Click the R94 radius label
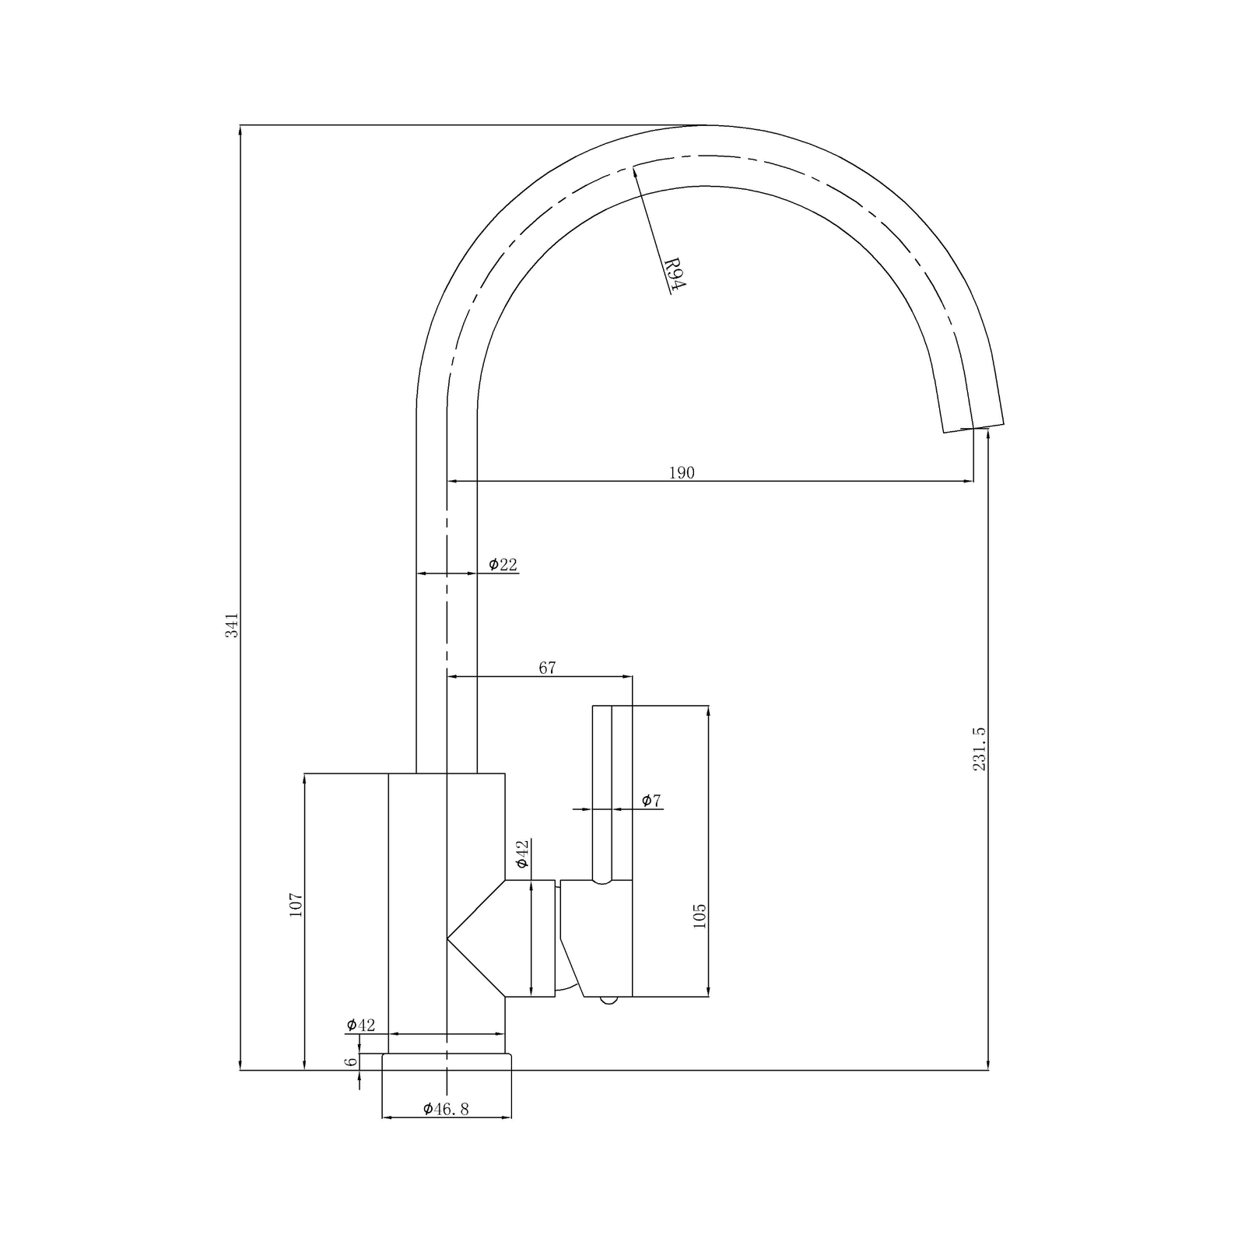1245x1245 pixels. pos(675,274)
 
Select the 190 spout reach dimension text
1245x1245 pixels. pos(682,472)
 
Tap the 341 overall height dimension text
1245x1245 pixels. pos(232,626)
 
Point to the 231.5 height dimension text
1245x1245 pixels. pos(979,749)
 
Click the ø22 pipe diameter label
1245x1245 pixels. pos(503,565)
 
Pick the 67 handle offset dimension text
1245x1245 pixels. pos(547,668)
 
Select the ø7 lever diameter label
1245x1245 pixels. pos(651,801)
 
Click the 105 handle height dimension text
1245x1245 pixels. pos(699,916)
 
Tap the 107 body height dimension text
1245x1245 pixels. pos(296,904)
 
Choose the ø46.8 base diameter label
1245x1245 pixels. pos(447,1110)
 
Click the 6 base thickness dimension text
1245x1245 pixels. pos(352,1061)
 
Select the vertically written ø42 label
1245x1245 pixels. pos(522,854)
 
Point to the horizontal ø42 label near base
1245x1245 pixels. pos(361,1025)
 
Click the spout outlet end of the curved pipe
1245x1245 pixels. pos(973,427)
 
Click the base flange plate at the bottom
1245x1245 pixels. pos(447,1062)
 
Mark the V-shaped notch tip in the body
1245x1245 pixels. pos(449,940)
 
